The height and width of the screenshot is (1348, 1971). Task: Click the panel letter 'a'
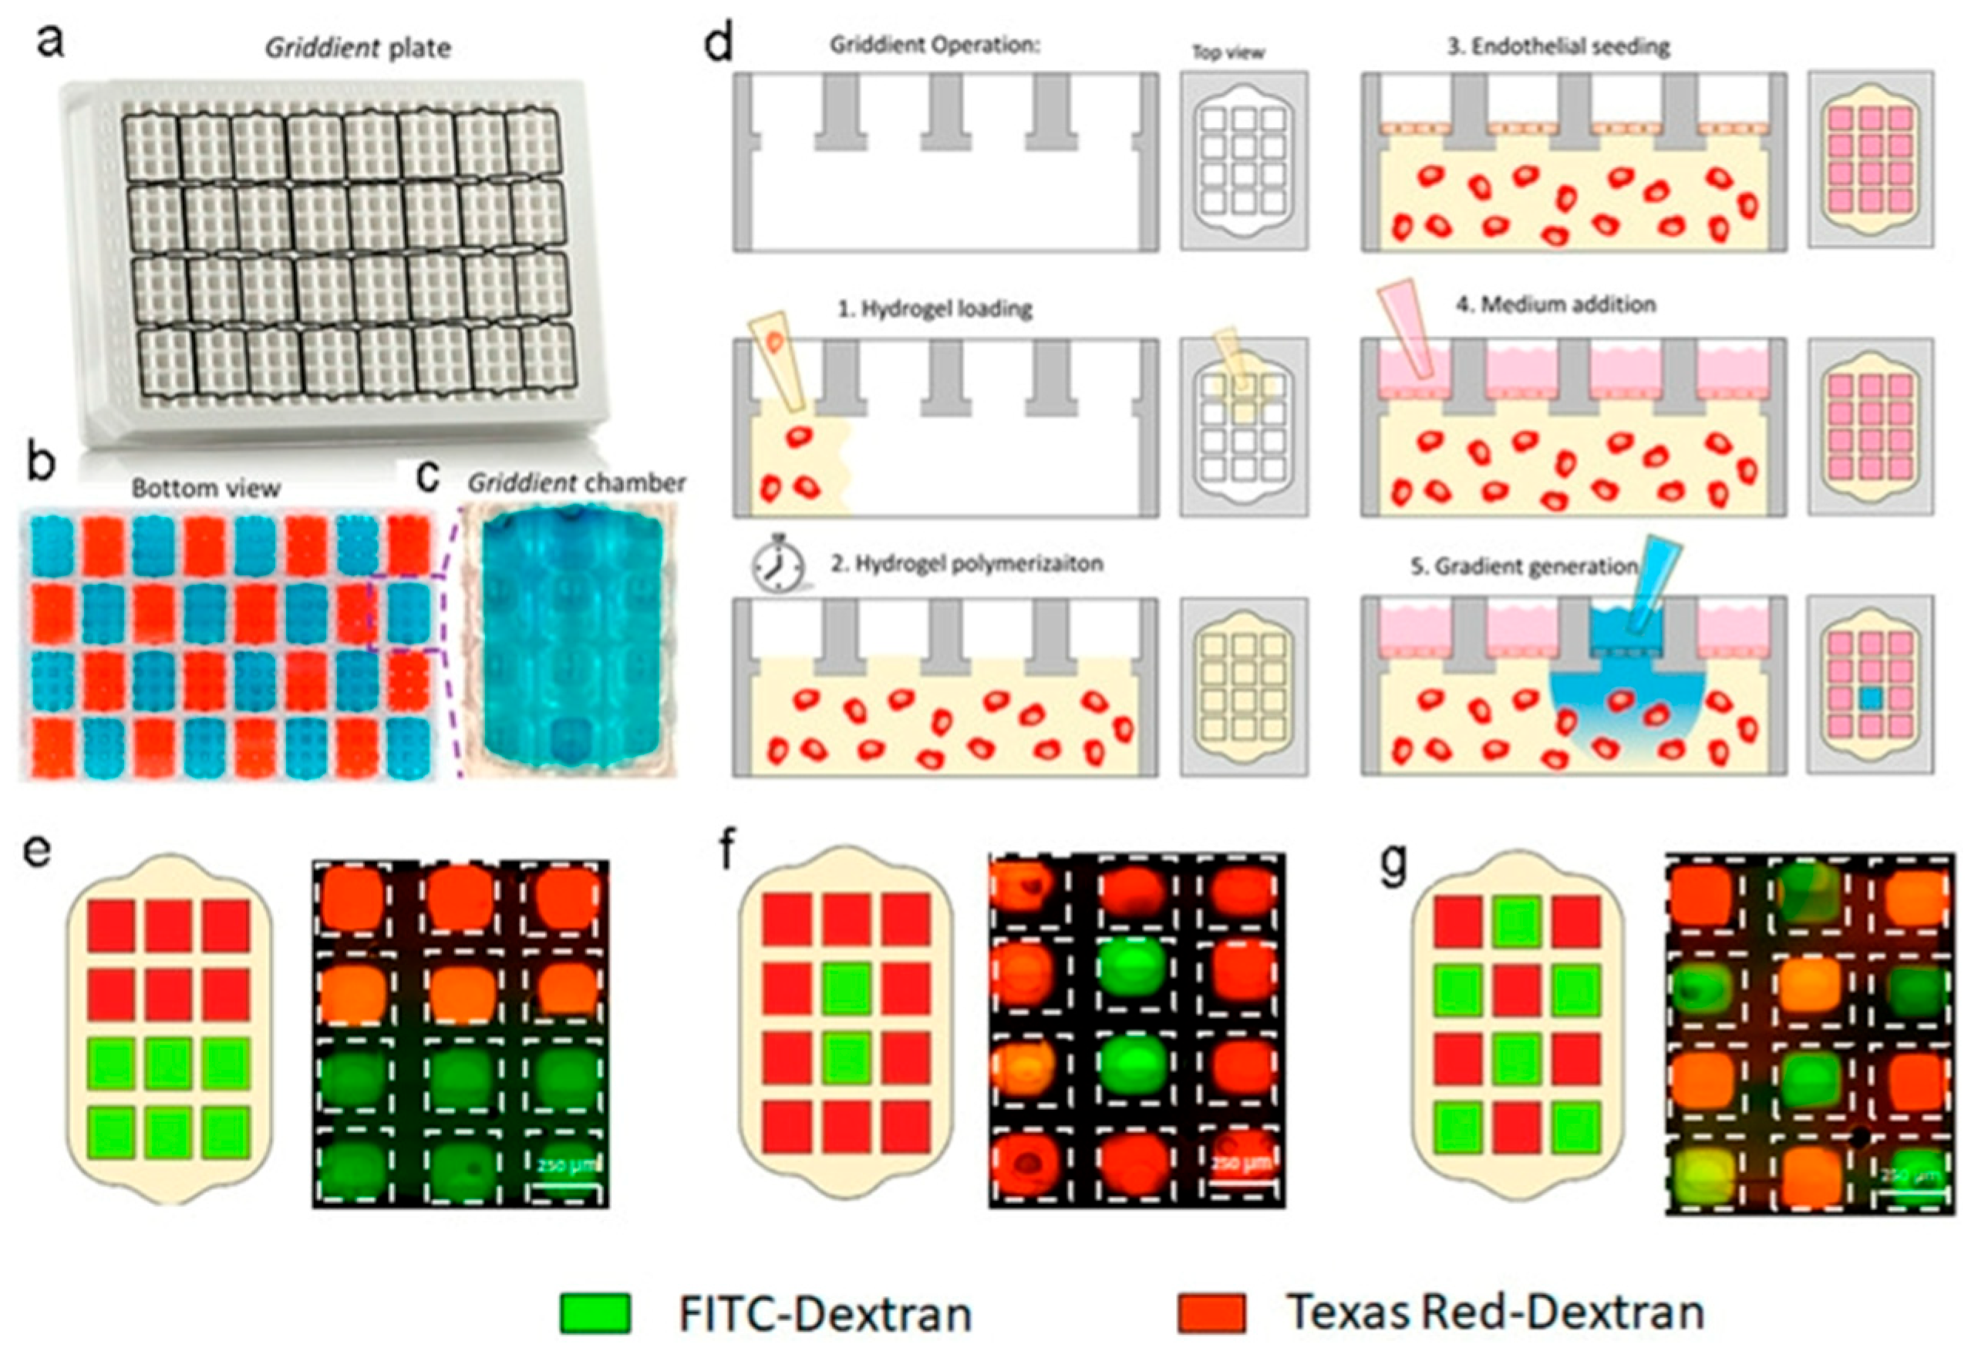(x=52, y=42)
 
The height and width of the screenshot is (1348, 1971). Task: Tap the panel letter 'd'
(x=719, y=43)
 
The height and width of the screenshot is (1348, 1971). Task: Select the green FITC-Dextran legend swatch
(x=595, y=1313)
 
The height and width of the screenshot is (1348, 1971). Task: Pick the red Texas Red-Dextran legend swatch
(x=1212, y=1313)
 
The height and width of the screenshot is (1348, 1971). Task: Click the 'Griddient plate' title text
(x=357, y=48)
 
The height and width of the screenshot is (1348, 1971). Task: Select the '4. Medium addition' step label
(x=1555, y=304)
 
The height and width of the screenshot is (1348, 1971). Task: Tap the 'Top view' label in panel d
(x=1228, y=52)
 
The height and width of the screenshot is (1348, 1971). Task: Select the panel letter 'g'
(x=1393, y=866)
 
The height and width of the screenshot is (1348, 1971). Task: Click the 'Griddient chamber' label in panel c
(x=577, y=483)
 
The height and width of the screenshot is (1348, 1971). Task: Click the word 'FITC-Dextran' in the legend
(x=824, y=1313)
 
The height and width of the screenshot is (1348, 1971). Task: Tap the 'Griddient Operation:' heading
(x=935, y=45)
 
